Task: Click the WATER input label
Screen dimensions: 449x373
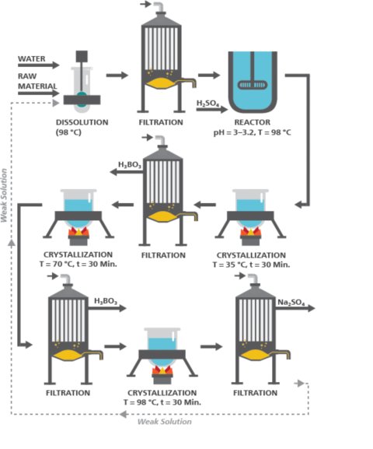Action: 32,59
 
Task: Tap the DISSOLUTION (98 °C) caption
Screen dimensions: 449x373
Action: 82,127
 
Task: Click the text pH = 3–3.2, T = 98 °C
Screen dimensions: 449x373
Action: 252,132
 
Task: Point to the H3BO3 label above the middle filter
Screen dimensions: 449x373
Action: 130,164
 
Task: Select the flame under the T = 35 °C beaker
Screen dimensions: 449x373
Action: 252,231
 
